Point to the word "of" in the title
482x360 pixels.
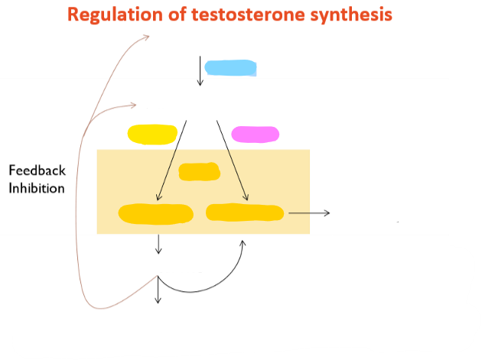pos(174,15)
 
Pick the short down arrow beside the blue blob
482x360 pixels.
pos(200,70)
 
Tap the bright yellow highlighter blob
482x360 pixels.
pos(153,135)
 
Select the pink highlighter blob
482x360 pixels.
pos(255,134)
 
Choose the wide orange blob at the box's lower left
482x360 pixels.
pos(155,213)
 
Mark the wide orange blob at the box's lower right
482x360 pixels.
pos(245,212)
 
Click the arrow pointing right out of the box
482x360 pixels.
pos(310,212)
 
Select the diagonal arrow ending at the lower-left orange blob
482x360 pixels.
pos(171,161)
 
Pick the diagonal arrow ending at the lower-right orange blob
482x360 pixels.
pos(231,161)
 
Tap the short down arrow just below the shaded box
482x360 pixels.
pos(158,244)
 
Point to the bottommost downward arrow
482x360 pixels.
pos(158,290)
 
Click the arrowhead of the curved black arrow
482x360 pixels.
pos(243,244)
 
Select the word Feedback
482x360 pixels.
pos(36,170)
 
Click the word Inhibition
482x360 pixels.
pos(36,188)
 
